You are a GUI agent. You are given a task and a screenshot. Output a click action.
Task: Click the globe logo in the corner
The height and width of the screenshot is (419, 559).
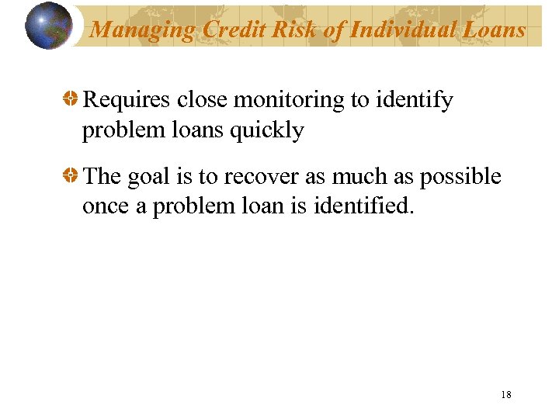coord(48,26)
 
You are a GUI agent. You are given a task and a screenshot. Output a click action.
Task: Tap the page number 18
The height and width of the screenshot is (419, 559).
coord(506,395)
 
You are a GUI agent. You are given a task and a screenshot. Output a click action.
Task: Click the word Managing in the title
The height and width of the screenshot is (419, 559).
coord(142,29)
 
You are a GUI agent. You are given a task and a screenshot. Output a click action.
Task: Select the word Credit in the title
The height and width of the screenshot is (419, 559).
coord(230,29)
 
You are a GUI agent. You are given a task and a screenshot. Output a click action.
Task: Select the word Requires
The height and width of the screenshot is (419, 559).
coord(127,100)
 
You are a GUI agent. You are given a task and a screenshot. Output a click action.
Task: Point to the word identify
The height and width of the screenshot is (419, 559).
coord(418,100)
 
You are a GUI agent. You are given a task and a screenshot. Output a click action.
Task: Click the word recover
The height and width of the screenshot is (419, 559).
coord(261,177)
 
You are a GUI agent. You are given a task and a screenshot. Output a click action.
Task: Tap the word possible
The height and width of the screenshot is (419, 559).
coord(461,177)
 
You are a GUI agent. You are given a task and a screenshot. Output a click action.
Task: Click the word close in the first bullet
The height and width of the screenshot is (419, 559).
coord(205,100)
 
